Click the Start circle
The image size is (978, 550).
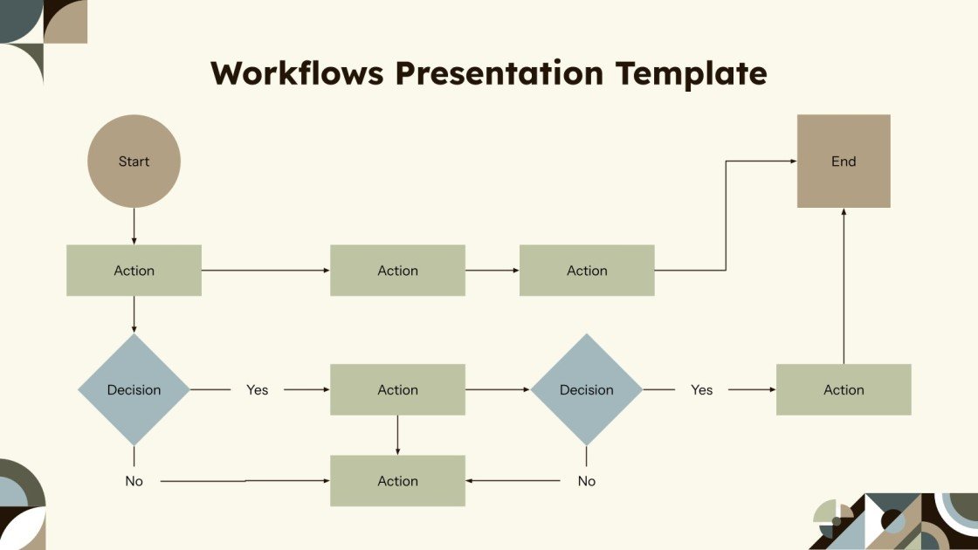tap(134, 162)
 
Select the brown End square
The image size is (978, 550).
tap(844, 162)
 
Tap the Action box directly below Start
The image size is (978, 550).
tap(134, 271)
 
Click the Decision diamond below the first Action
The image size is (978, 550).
tap(134, 389)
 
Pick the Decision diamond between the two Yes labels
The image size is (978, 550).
tap(587, 389)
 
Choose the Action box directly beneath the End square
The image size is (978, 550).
tap(844, 389)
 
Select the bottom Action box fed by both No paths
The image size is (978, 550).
tap(397, 481)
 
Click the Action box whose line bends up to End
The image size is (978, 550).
tap(587, 271)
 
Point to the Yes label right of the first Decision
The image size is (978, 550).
tap(257, 390)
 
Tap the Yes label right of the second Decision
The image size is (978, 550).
tap(702, 390)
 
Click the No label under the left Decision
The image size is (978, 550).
tap(134, 481)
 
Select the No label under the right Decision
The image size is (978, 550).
tap(587, 481)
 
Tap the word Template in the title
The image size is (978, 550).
tap(691, 73)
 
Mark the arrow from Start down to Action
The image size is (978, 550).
tap(134, 226)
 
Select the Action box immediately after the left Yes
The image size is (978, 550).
tap(397, 389)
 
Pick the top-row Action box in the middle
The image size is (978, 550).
tap(397, 271)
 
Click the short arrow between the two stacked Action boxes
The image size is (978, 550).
tap(397, 435)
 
